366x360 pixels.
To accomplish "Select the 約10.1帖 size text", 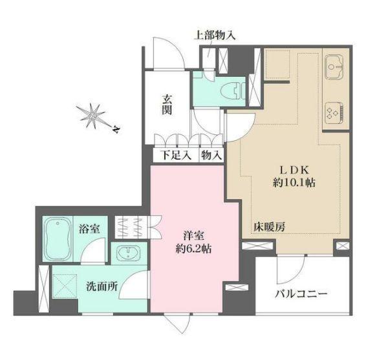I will (294, 182).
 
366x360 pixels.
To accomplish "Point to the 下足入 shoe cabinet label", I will (175, 155).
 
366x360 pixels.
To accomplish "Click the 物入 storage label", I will (211, 155).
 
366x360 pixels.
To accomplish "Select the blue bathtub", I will (58, 237).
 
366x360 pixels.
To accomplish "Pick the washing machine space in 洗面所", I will (65, 284).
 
